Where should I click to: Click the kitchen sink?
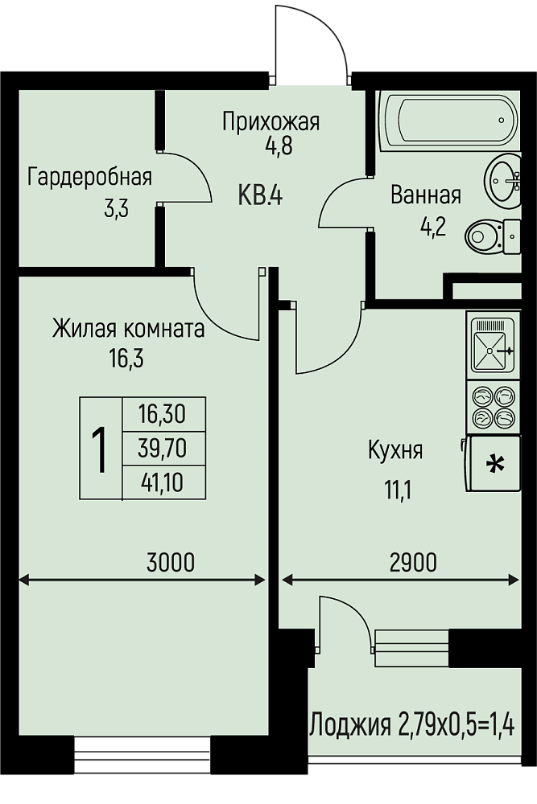pyautogui.click(x=490, y=347)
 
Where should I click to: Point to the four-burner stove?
pyautogui.click(x=491, y=407)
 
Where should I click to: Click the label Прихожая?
pyautogui.click(x=271, y=121)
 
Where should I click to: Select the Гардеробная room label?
pyautogui.click(x=89, y=176)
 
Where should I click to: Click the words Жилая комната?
pyautogui.click(x=128, y=328)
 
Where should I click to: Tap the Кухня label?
pyautogui.click(x=394, y=450)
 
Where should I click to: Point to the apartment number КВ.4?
pyautogui.click(x=259, y=195)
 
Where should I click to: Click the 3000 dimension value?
pyautogui.click(x=171, y=562)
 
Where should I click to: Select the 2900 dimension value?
pyautogui.click(x=413, y=562)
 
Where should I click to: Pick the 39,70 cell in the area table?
pyautogui.click(x=161, y=448)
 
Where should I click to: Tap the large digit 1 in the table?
pyautogui.click(x=99, y=449)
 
